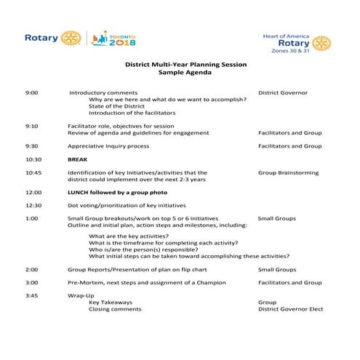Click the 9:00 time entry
32,93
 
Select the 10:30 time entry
33,159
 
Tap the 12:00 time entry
33,193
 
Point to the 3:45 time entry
32,295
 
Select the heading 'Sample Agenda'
185,74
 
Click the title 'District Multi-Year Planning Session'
185,65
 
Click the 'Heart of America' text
284,34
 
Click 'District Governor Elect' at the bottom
290,309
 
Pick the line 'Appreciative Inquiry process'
108,145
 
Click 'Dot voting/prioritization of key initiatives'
127,206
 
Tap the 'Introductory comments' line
104,93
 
